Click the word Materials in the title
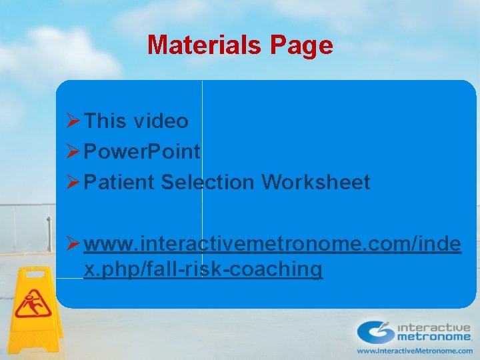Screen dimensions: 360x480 [205, 45]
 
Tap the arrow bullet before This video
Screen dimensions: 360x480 [74, 121]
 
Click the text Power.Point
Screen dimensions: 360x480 [142, 152]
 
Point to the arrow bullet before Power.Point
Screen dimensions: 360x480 [74, 152]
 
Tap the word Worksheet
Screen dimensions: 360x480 [316, 182]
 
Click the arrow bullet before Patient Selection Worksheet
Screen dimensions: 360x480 [74, 182]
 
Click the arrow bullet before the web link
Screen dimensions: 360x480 [74, 244]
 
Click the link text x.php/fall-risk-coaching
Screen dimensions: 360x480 [203, 269]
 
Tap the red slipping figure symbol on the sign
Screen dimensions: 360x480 [33, 304]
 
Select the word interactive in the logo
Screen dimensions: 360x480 [434, 327]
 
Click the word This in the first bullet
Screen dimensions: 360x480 [106, 121]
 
